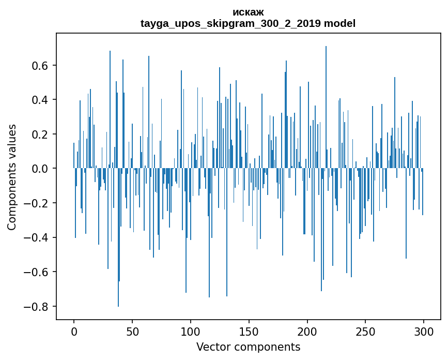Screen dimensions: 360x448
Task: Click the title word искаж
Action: [248, 12]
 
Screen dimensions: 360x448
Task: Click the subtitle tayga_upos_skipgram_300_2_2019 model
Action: [248, 23]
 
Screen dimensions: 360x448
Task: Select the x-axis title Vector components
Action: [248, 347]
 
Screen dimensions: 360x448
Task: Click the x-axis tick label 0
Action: [74, 331]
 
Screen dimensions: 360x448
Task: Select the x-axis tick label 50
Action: [132, 331]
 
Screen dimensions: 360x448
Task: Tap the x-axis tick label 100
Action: [191, 331]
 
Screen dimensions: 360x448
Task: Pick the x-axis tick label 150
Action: [249, 331]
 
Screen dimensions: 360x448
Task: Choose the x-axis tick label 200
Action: [307, 331]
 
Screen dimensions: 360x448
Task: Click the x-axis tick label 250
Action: [366, 331]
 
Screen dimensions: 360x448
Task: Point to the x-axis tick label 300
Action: [424, 331]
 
